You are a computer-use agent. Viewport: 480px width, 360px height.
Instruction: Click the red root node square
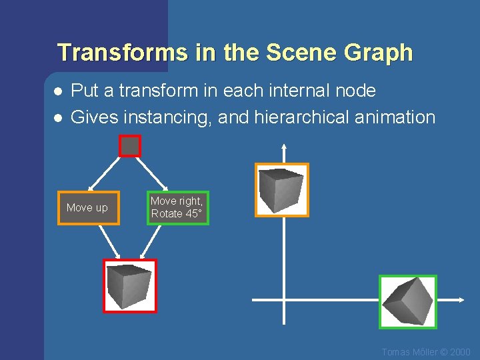coord(130,145)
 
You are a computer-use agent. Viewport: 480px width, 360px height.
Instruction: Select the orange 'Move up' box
coord(88,208)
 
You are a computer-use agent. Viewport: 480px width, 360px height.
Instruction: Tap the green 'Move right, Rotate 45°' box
coord(177,207)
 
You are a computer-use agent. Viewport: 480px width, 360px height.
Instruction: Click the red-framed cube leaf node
coord(130,286)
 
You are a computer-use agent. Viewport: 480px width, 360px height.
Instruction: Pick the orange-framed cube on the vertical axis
coord(282,190)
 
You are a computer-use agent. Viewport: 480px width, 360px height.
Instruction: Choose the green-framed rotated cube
coord(408,301)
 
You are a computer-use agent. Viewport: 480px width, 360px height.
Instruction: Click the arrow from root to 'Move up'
coord(104,174)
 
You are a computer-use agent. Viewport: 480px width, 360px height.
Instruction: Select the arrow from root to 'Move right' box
coord(154,173)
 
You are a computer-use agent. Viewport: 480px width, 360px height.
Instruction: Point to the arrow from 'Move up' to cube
coord(109,241)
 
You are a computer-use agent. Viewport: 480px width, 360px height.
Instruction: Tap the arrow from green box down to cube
coord(153,241)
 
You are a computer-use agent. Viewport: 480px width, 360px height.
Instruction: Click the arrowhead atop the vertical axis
coord(284,147)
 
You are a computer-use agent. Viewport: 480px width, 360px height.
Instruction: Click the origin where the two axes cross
coord(284,300)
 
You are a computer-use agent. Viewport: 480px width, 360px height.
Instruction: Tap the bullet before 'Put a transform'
coord(58,91)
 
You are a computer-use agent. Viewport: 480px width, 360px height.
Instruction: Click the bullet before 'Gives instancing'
coord(58,117)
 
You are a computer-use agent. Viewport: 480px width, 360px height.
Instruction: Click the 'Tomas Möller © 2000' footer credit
coord(425,352)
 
